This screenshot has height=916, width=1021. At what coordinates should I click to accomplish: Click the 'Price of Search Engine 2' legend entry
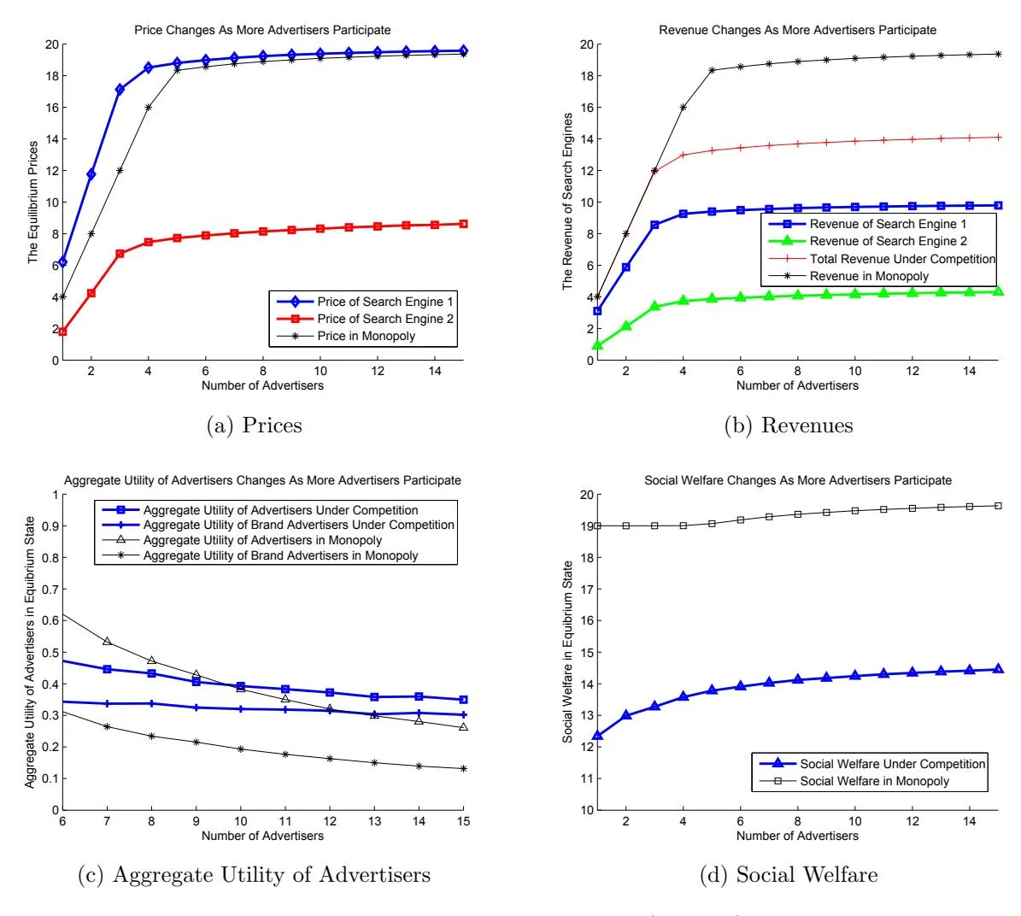(384, 319)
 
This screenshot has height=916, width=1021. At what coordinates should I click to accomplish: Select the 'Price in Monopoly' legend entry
(366, 336)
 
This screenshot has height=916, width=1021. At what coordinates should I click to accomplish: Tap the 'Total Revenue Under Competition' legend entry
(902, 259)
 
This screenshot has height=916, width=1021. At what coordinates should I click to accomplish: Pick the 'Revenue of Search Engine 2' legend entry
(888, 242)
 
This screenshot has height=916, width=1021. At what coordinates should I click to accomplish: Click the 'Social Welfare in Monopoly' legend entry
(874, 781)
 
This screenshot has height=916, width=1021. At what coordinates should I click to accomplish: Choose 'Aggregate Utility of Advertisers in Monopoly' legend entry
(262, 540)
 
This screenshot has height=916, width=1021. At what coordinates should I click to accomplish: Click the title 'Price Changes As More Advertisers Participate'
(262, 30)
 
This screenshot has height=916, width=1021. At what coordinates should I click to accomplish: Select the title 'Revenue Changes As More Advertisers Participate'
(797, 30)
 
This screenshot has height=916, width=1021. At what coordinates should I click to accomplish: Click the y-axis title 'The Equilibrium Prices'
(34, 203)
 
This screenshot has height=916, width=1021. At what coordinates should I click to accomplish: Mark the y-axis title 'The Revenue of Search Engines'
(568, 203)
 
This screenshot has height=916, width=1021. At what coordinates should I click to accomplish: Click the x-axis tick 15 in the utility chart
(463, 822)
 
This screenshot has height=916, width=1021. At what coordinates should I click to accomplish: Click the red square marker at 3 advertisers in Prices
(120, 254)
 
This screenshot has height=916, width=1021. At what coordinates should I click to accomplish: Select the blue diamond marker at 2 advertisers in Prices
(91, 174)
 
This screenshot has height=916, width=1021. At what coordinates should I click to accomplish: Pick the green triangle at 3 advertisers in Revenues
(654, 306)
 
